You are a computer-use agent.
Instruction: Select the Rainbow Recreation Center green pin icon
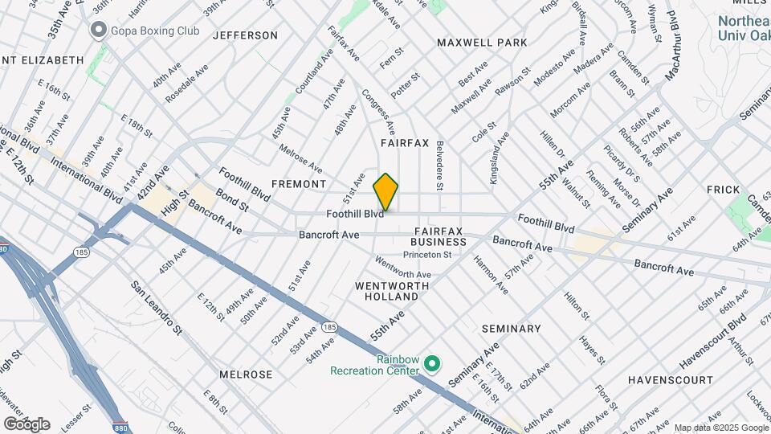[x=431, y=364]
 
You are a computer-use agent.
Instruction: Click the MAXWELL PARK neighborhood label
[x=482, y=42]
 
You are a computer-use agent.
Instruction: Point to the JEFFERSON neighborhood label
[x=245, y=35]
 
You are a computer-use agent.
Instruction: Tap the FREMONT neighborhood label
[x=298, y=184]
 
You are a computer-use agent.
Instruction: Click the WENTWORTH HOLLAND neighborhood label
[x=386, y=291]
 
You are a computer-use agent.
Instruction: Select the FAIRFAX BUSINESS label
[x=439, y=236]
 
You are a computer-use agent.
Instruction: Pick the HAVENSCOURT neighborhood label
[x=670, y=379]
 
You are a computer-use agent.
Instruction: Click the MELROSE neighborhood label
[x=246, y=375]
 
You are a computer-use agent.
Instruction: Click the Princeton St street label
[x=427, y=255]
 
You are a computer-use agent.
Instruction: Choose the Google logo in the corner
[x=26, y=424]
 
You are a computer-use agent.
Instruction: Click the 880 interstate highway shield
[x=119, y=427]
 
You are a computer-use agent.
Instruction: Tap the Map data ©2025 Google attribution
[x=720, y=428]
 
